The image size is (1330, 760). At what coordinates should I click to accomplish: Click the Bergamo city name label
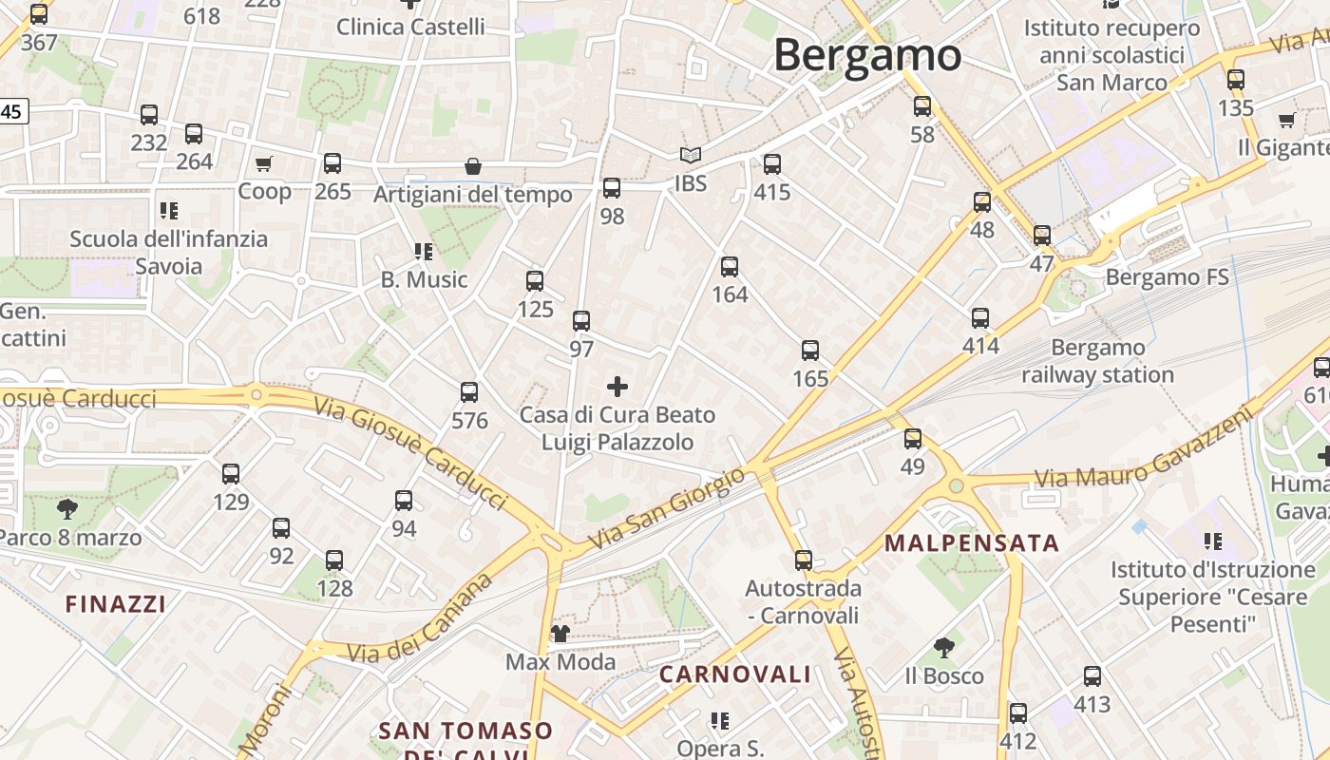tap(867, 55)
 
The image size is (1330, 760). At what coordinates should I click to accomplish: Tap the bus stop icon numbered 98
tap(612, 188)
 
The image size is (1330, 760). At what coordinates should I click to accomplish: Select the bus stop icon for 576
tap(469, 392)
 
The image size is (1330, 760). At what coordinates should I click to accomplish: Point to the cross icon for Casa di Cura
tap(617, 386)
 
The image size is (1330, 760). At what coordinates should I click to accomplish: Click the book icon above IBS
tap(691, 155)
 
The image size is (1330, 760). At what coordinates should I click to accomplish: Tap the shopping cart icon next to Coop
tap(264, 163)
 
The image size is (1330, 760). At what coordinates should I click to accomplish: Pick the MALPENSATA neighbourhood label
tap(971, 543)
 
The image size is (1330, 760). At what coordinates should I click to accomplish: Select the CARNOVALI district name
tap(735, 674)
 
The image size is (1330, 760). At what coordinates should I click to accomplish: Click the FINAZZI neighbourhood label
tap(116, 604)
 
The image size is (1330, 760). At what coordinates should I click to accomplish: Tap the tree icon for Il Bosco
tap(943, 648)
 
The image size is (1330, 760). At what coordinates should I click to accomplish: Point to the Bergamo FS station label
tap(1168, 277)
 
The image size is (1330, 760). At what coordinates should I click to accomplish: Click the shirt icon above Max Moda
tap(560, 633)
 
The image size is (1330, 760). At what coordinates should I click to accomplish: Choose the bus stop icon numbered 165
tap(810, 351)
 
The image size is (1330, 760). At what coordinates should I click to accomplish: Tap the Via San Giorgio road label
tap(667, 507)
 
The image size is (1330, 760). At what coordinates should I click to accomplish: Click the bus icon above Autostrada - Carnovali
tap(804, 560)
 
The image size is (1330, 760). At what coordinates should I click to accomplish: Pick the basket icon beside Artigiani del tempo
tap(473, 166)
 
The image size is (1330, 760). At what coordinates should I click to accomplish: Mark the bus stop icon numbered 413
tap(1092, 676)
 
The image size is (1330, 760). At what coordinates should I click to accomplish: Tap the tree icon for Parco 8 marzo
tap(66, 509)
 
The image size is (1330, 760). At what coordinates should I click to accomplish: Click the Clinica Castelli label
tap(410, 27)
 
